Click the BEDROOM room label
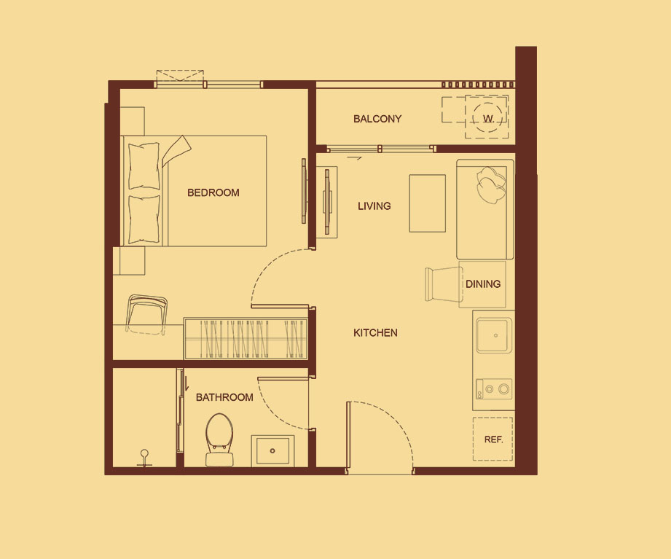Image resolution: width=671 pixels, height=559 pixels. pos(213,192)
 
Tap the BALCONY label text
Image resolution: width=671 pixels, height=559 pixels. pos(377,119)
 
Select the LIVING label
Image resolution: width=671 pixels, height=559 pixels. pos(374,206)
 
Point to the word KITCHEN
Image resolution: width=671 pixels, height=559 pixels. pos(375,332)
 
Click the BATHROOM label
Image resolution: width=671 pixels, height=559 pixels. pos(224,397)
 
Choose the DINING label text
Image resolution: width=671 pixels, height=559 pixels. pos(483,284)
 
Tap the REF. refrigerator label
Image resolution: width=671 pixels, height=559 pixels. pos(493,439)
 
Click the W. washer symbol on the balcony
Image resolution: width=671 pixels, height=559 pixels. pos(488,118)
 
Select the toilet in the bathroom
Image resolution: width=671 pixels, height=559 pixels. pos(219,439)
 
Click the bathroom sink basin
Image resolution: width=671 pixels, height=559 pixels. pos(272,450)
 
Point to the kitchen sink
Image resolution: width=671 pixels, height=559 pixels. pos(494,335)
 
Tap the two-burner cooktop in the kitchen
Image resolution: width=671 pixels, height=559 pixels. pos(494,389)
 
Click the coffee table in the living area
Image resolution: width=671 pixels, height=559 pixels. pos(427,203)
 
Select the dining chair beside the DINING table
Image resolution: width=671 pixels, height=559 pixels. pos(444,284)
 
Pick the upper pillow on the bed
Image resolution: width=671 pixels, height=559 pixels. pos(144,166)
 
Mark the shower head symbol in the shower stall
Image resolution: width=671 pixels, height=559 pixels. pos(144,458)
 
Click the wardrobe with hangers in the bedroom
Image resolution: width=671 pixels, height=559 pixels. pos(246,338)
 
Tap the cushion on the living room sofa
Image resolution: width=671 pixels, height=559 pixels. pos(491,185)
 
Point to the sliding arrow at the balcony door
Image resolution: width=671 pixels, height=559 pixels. pos(354,158)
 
